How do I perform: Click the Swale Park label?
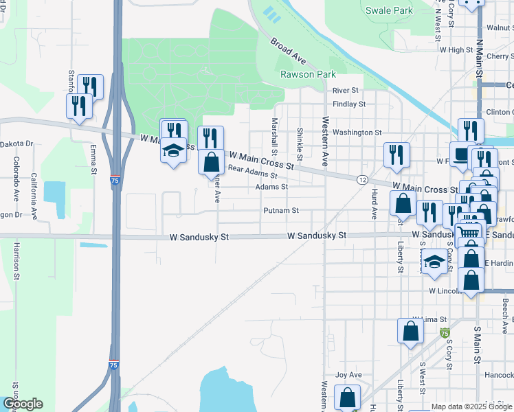[389, 10]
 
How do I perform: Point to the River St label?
[346, 90]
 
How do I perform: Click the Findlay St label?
[348, 104]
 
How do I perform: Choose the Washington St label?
[357, 132]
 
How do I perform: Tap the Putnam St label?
[281, 211]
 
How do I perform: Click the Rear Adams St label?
[252, 172]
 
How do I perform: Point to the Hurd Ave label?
[375, 203]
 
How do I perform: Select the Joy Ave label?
[348, 375]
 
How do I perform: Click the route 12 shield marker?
[361, 179]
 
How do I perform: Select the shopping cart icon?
[469, 233]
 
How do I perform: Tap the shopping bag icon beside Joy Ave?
[348, 396]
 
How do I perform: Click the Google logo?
[22, 404]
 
